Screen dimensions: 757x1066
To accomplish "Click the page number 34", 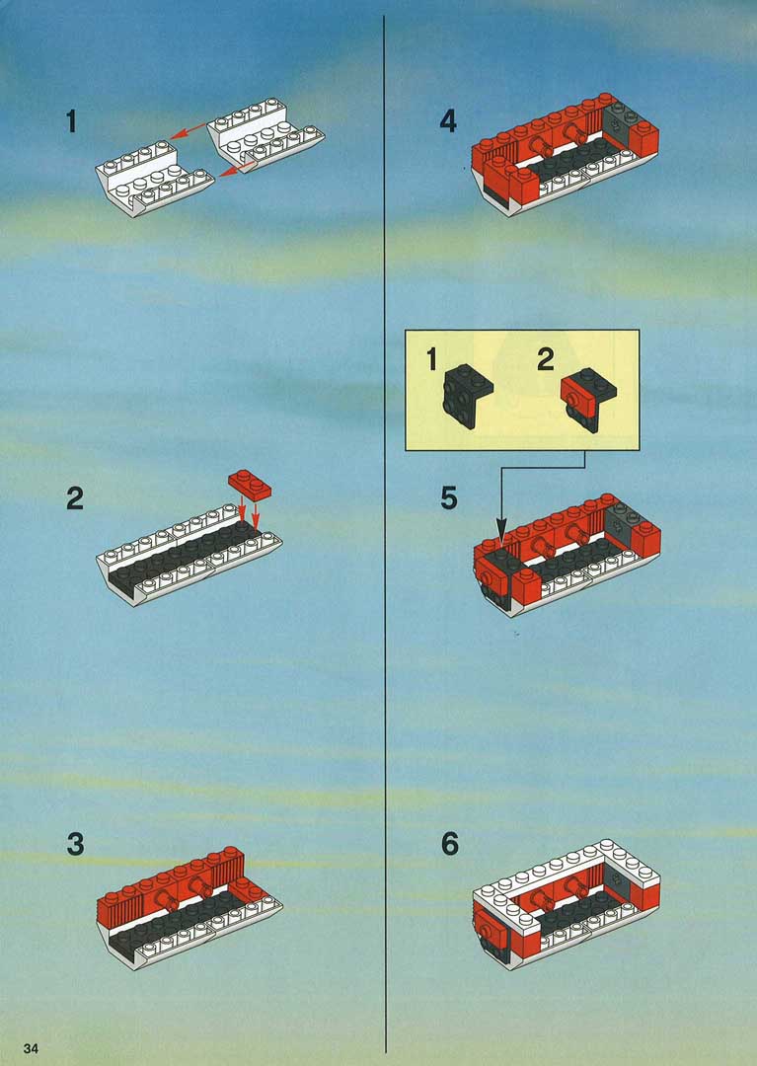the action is tap(31, 1047).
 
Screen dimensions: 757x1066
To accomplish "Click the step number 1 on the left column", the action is tap(71, 121).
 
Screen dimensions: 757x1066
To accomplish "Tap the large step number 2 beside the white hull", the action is tap(75, 498).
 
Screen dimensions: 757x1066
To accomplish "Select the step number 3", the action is tap(75, 844).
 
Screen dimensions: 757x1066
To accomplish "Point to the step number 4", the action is tap(448, 121).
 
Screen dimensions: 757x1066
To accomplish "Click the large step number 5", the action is tap(449, 498).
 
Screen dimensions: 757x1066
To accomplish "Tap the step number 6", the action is tap(450, 844).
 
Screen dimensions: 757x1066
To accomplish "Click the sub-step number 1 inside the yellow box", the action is tap(431, 359).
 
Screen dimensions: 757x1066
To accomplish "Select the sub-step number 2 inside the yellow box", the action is tap(546, 359).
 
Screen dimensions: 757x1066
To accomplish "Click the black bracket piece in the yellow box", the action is tap(468, 396).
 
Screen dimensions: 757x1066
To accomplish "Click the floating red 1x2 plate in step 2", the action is tap(250, 484).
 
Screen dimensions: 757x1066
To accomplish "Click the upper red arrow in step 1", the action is tap(189, 130).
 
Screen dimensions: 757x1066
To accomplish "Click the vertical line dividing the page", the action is tap(385, 534).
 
